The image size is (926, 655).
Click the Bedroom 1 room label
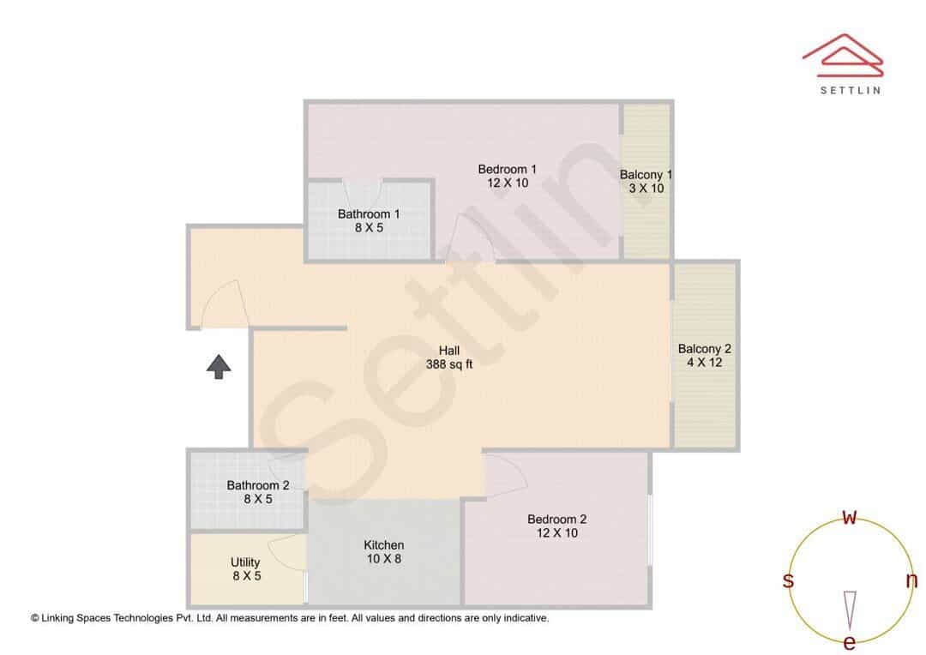pos(508,170)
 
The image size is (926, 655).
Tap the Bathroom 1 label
pos(369,213)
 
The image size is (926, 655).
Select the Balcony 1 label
pos(646,175)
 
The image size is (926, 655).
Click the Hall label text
pos(448,351)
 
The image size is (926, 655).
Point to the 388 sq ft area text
pos(448,364)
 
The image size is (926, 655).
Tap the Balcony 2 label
pos(705,349)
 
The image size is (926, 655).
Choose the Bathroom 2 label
pos(258,485)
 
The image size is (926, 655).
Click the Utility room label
pos(245,562)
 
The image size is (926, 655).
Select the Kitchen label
pos(384,545)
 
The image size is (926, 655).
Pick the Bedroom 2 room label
pos(557,520)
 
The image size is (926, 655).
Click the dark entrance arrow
pos(219,367)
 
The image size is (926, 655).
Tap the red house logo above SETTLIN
pos(843,56)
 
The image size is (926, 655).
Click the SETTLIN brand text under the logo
pos(851,90)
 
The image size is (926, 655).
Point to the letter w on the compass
pos(849,517)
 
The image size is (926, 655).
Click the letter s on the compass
pos(788,580)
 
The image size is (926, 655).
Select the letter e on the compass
pos(849,642)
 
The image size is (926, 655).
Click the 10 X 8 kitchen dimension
pos(384,559)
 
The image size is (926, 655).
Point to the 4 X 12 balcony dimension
pos(705,363)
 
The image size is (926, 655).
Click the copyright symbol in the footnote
pos(35,618)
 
